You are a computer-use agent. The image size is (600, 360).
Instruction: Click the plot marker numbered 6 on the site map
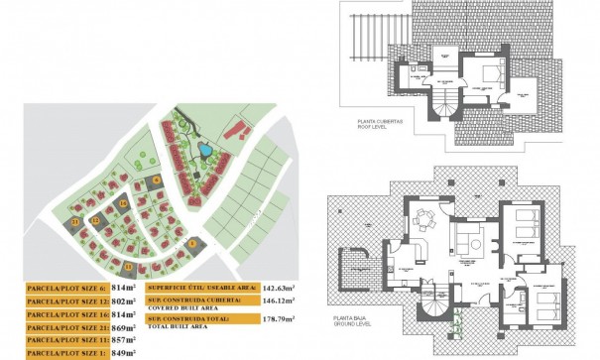156,180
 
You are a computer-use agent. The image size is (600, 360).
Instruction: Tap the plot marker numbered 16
122,203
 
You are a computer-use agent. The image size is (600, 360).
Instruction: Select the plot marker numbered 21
75,224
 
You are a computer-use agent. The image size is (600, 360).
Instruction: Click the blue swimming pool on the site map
204,151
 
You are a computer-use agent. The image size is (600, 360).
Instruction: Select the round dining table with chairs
427,217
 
